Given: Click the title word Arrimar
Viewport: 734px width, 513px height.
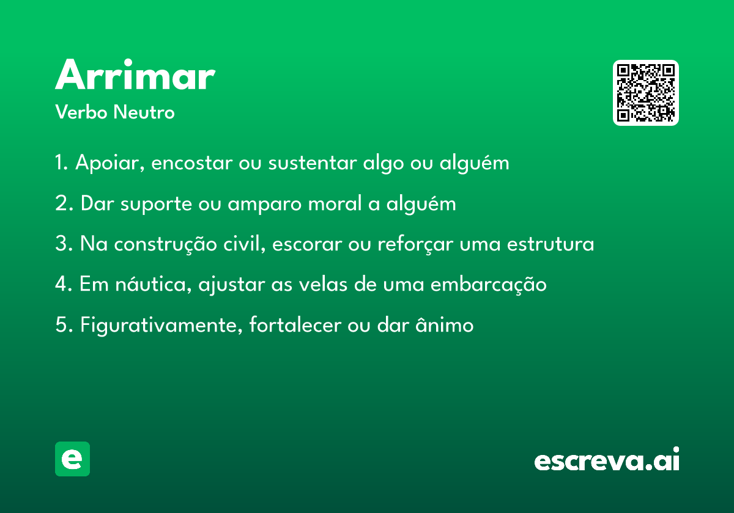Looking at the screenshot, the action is click(135, 75).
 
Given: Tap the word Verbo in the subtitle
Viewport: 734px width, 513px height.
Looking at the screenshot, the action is click(81, 112).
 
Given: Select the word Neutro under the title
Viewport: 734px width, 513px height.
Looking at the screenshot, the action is click(144, 112).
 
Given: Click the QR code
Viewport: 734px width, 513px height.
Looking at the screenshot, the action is click(645, 93).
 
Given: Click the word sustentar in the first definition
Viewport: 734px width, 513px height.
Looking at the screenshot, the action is click(313, 162).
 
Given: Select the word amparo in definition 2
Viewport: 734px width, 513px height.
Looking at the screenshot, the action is click(264, 204).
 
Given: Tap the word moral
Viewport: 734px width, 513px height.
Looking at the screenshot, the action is click(335, 203).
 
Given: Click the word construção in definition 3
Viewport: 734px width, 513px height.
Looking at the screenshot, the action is click(165, 244).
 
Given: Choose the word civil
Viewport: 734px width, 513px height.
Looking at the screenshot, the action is click(244, 244).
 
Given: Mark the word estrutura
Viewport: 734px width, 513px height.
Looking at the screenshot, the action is click(550, 244).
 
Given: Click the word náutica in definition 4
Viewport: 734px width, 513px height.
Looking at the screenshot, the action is click(153, 284).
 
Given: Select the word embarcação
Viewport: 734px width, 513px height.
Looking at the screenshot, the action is click(488, 284).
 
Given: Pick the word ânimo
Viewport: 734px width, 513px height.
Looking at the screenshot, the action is click(444, 324).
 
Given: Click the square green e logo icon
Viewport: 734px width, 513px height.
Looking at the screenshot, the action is click(72, 459).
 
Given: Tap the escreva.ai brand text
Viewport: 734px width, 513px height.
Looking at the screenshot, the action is click(607, 459).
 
